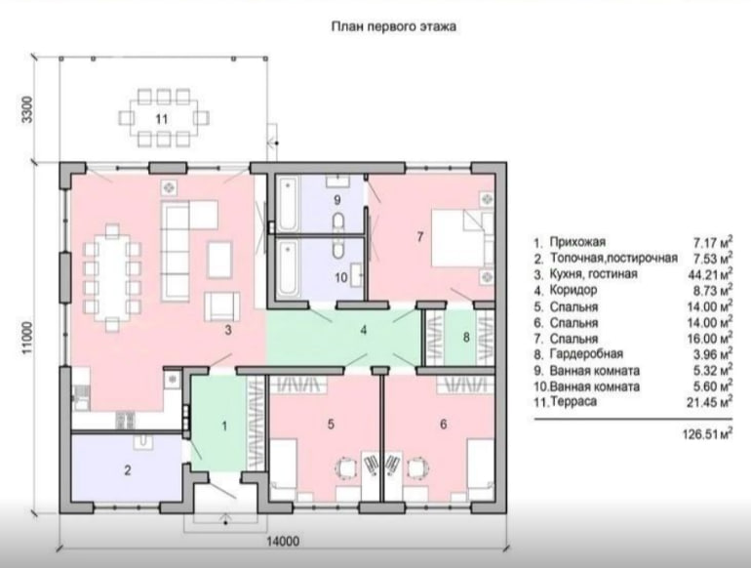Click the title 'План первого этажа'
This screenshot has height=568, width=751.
(x=393, y=26)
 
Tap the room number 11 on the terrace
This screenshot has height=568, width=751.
(x=162, y=118)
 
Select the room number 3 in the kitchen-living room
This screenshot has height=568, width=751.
(x=228, y=330)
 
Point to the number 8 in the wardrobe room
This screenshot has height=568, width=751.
(x=466, y=338)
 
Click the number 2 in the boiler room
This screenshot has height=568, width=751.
(x=128, y=470)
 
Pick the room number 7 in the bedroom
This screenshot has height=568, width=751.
(x=420, y=236)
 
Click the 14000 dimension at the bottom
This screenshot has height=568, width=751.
(x=283, y=541)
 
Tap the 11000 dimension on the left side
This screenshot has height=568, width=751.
(x=27, y=338)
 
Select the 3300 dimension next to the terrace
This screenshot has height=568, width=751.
(x=27, y=109)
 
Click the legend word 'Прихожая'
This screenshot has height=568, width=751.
(x=577, y=242)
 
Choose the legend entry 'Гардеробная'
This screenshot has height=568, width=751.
(x=586, y=354)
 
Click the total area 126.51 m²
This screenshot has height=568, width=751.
(x=707, y=434)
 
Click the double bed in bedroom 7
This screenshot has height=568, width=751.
(x=462, y=238)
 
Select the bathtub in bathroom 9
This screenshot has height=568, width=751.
(x=288, y=204)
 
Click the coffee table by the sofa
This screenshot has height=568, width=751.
(x=219, y=260)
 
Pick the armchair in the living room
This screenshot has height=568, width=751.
(x=221, y=306)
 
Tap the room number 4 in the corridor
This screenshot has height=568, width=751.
(x=364, y=330)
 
